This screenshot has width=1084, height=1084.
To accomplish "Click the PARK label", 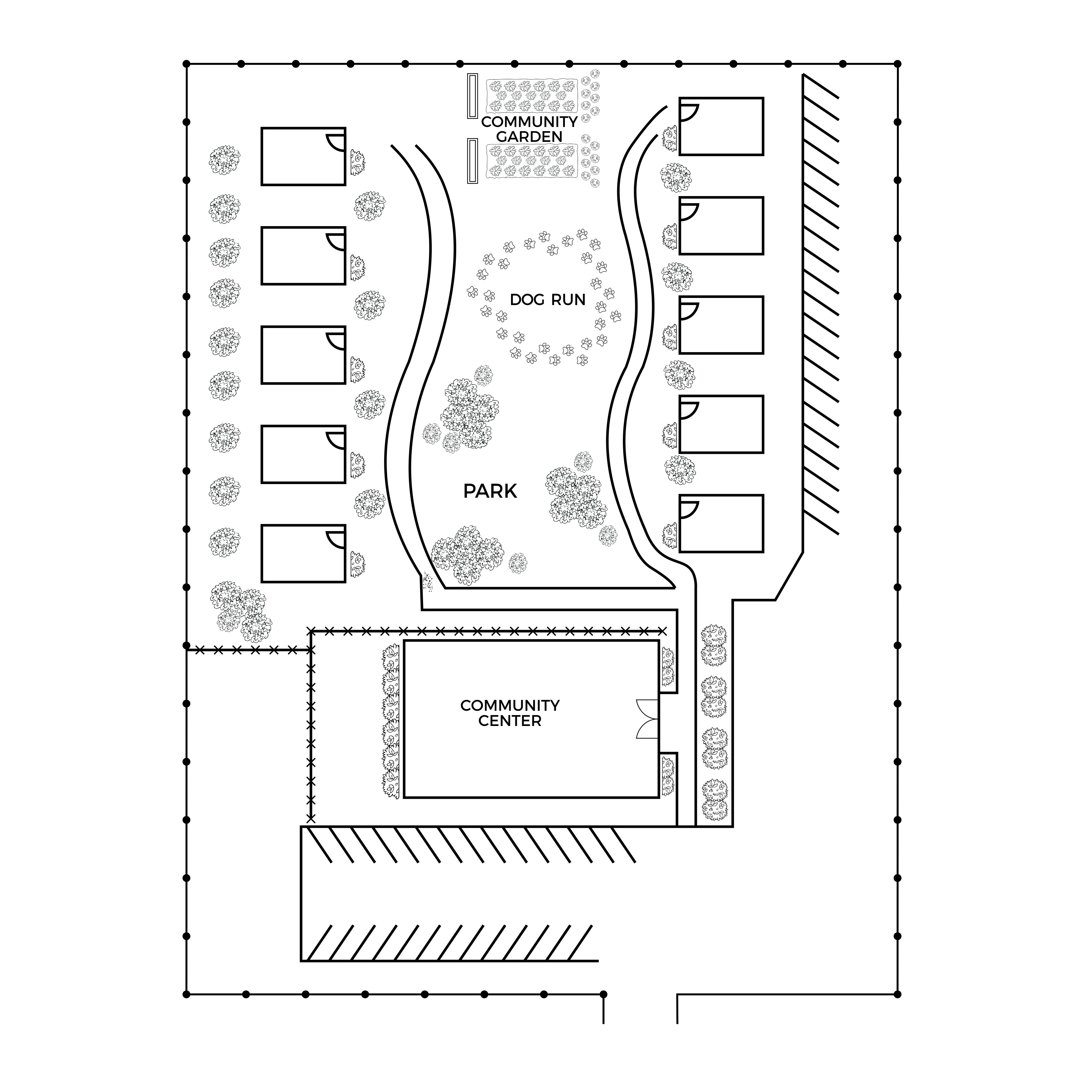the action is point(490,492).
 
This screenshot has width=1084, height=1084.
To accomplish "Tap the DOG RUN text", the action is point(548,299).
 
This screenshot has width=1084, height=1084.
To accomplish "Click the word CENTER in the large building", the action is point(509,721).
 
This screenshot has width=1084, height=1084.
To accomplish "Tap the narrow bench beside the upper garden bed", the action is point(472,96).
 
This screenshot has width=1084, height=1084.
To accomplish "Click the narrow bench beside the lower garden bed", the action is point(472,161).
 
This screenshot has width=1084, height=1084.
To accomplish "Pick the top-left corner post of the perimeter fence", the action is point(186,63).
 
